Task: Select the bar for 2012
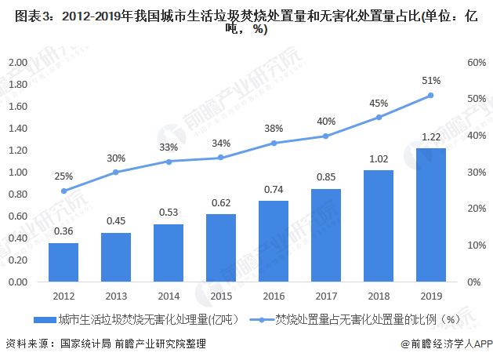click(63, 262)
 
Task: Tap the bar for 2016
click(274, 241)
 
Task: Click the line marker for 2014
click(169, 162)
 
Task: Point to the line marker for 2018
click(379, 117)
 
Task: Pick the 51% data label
click(430, 80)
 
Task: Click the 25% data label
click(63, 176)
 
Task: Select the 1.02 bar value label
click(379, 157)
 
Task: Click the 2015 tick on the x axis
click(221, 296)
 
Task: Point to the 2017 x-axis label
click(326, 296)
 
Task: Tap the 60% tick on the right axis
click(476, 62)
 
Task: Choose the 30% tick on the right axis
click(476, 172)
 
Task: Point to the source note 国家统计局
click(80, 344)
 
